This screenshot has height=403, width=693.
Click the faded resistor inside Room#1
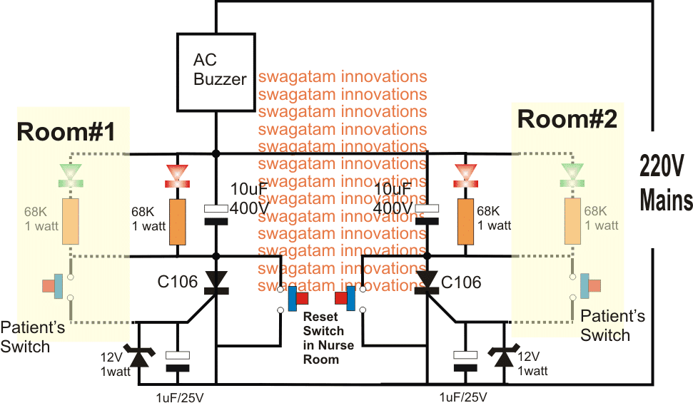pyautogui.click(x=70, y=222)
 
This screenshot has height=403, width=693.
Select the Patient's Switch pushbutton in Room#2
pyautogui.click(x=590, y=285)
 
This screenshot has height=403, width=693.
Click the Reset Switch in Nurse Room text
pyautogui.click(x=323, y=337)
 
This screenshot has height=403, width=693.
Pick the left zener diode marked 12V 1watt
pyautogui.click(x=138, y=354)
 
